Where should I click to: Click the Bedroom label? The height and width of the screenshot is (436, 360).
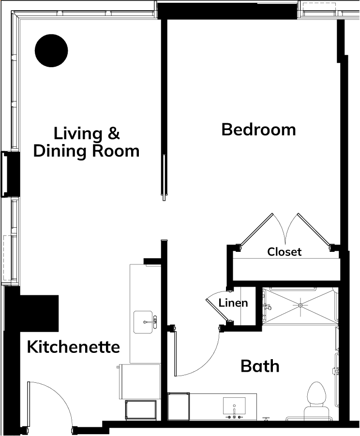coord(259,130)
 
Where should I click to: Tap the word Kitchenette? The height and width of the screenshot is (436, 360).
coord(74,347)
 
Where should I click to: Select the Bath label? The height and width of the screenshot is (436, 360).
coord(260,366)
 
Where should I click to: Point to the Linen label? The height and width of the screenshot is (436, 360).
coord(233,303)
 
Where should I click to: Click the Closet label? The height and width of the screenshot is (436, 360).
coord(284,252)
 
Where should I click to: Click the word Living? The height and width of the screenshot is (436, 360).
coord(78,134)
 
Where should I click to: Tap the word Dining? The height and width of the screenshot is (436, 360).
coord(60,151)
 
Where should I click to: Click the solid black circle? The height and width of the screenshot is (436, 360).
coord(51,51)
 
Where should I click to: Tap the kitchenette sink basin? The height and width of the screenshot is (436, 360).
coord(143,322)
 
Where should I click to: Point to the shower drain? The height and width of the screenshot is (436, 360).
coord(300,305)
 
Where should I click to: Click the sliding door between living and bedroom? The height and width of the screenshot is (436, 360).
coord(164,177)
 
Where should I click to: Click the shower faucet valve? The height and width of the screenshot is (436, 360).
coord(267,307)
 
